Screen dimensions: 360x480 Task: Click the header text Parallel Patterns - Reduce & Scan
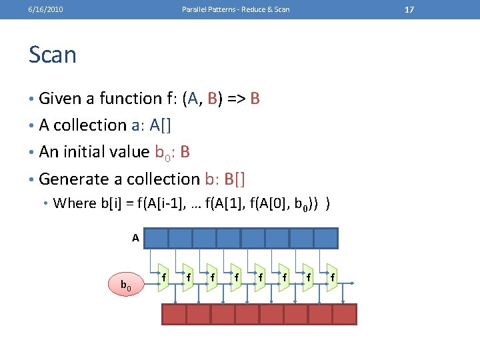click(236, 9)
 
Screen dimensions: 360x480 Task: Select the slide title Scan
click(53, 55)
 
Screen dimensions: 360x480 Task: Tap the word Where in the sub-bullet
click(75, 203)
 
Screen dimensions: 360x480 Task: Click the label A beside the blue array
click(135, 237)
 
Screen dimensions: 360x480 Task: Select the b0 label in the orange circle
click(125, 286)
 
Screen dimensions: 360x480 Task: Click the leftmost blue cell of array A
click(156, 238)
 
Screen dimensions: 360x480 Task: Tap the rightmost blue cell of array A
click(326, 238)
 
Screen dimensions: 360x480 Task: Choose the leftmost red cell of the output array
click(174, 314)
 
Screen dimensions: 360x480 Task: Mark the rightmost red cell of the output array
click(345, 314)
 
